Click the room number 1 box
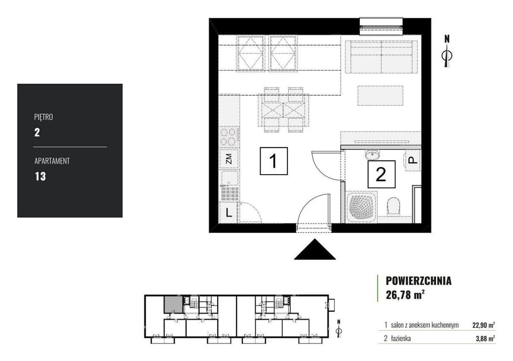pos(274,161)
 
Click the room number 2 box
pos(381,174)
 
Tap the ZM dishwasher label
pos(229,158)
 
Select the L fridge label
pos(229,213)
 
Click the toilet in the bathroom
pos(394,206)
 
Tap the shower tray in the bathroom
pos(361,207)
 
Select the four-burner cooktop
pos(228,137)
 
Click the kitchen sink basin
pos(230,178)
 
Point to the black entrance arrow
pos(315,249)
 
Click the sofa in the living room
pos(381,57)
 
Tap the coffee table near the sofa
pos(380,96)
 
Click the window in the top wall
pos(381,26)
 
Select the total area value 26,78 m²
pos(405,295)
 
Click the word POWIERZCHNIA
pos(419,281)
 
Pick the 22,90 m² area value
pos(484,325)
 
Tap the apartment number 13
pos(40,176)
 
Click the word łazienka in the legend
pos(401,338)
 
